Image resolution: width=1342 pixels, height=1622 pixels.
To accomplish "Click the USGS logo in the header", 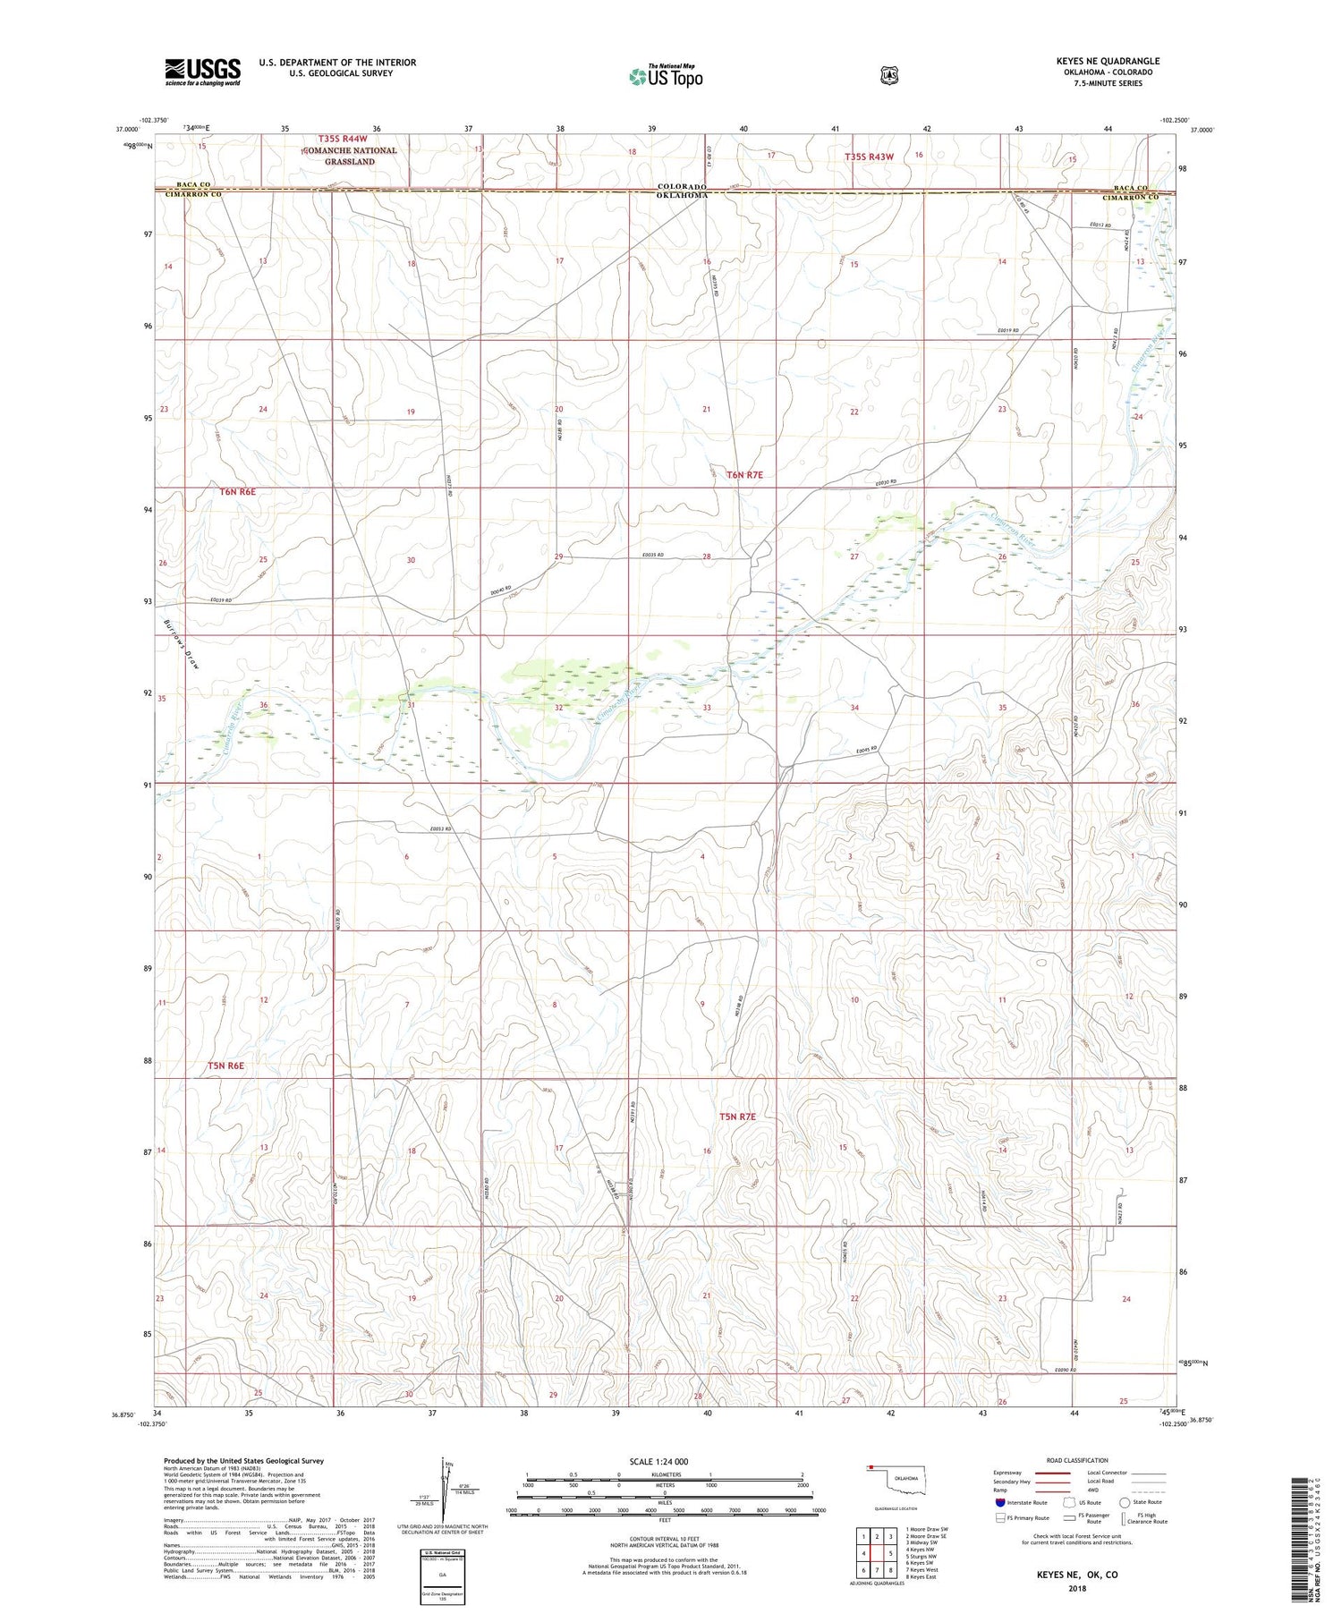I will click(x=202, y=71).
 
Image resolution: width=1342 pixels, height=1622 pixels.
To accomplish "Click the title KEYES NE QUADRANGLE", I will click(x=1107, y=61).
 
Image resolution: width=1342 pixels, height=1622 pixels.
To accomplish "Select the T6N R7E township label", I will click(x=744, y=475).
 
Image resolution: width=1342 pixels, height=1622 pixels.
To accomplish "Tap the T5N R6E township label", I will click(x=226, y=1066).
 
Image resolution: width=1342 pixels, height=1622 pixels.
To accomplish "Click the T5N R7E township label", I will click(x=738, y=1117).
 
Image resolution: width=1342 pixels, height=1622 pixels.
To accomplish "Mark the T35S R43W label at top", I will click(x=869, y=157).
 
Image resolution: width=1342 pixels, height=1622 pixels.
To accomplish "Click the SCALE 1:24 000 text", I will click(x=664, y=1462).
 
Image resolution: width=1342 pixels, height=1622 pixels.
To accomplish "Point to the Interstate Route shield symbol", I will click(x=1000, y=1503).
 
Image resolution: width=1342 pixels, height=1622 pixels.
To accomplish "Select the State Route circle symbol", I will click(x=1125, y=1503).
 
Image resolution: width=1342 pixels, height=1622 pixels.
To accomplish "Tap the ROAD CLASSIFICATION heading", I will click(x=1082, y=1461).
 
